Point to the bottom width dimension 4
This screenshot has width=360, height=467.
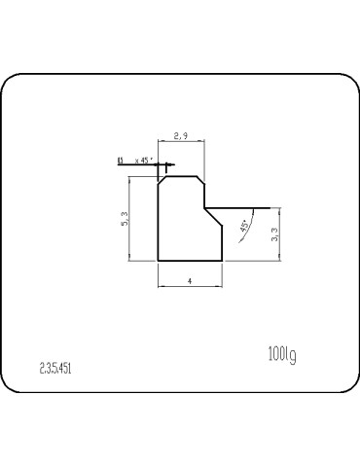191,280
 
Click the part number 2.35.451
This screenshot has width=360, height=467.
55,369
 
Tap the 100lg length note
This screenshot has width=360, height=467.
280,353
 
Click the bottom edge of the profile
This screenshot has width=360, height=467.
191,261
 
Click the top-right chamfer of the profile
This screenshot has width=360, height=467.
199,179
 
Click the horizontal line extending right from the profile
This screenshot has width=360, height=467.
238,207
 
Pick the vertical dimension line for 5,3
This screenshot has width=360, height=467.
129,218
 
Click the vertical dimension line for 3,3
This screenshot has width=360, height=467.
280,233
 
